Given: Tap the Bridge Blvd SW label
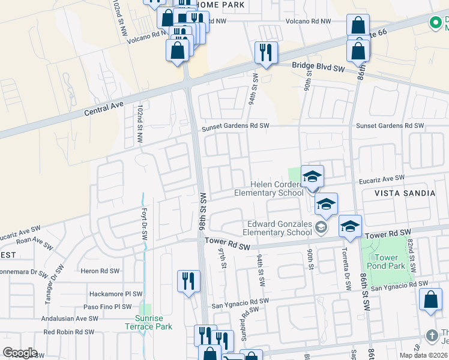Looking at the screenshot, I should pyautogui.click(x=318, y=68).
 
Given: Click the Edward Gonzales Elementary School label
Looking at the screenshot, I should pyautogui.click(x=278, y=229).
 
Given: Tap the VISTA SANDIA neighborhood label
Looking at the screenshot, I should pyautogui.click(x=405, y=193).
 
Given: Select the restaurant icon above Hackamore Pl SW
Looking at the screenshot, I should pyautogui.click(x=189, y=281).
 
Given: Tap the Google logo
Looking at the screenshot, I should pyautogui.click(x=20, y=353).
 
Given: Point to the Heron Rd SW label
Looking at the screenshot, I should pyautogui.click(x=100, y=271).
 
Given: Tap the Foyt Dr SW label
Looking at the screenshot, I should pyautogui.click(x=144, y=224).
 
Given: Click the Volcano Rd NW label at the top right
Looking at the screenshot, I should pyautogui.click(x=309, y=22).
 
